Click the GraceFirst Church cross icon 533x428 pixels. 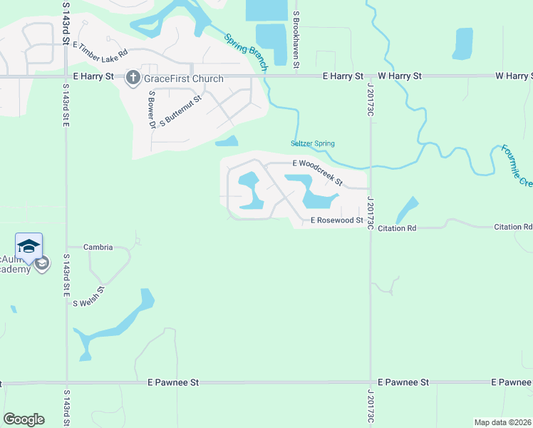click(133, 78)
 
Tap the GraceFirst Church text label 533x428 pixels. click(183, 79)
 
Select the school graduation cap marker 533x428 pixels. click(29, 247)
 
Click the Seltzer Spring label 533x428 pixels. click(313, 144)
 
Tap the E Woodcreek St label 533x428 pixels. click(318, 163)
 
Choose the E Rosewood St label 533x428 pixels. click(337, 221)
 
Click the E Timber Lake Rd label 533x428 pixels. click(100, 49)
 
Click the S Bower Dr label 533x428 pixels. click(152, 109)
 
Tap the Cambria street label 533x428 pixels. click(98, 248)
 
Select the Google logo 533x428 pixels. click(24, 419)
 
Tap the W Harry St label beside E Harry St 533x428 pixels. click(400, 76)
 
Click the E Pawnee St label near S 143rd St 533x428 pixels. click(172, 382)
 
